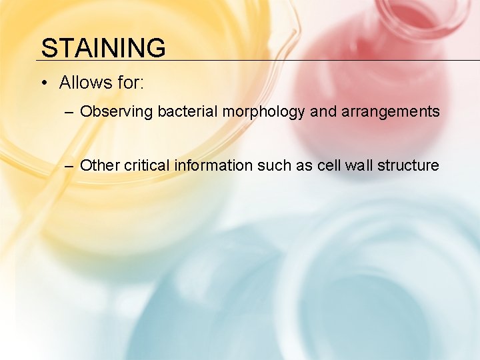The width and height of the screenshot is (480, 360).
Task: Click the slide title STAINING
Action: tap(103, 48)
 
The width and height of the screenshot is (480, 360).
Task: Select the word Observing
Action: tap(117, 111)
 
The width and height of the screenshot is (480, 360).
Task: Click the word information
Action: tap(214, 165)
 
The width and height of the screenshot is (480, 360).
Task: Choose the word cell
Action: tap(328, 165)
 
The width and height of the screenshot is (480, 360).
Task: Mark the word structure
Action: tap(408, 165)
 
